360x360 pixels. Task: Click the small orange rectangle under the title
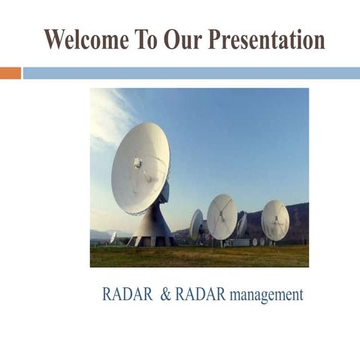pos(10,73)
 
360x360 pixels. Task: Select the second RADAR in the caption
pos(200,295)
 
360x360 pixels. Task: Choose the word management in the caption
pos(266,295)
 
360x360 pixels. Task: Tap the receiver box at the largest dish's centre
pos(138,163)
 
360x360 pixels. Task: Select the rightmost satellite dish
pos(275,220)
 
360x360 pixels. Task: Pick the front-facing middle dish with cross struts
pos(222,216)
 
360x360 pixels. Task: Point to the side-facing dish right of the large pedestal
pos(196,224)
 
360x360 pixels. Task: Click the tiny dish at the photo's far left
pos(112,237)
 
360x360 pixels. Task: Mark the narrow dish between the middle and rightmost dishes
pos(241,225)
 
